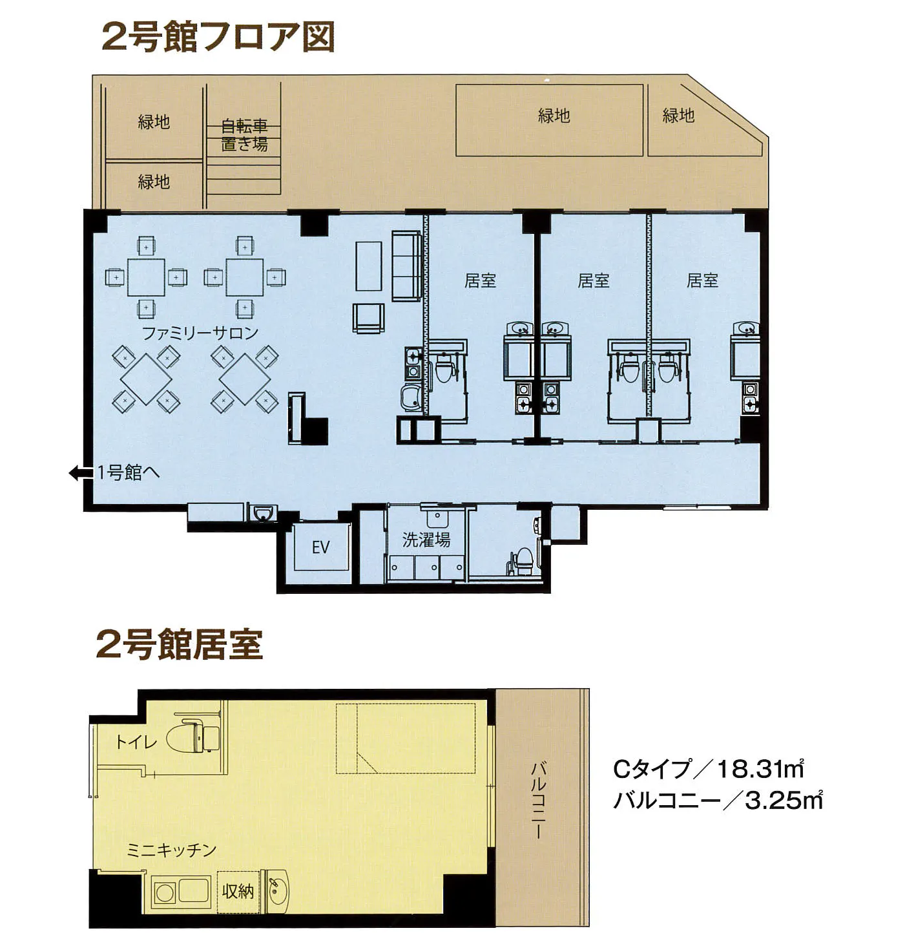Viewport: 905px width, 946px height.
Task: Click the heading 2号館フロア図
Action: (x=218, y=37)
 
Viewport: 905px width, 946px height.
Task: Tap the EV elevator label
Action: (x=320, y=548)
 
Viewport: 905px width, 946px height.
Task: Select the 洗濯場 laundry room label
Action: (x=426, y=540)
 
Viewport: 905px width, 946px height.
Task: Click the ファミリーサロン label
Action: (x=200, y=333)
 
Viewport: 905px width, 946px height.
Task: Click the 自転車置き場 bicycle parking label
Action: (x=244, y=135)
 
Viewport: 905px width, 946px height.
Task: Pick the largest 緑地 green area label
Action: (x=554, y=116)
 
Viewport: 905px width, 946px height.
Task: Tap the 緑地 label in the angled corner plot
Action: (x=678, y=116)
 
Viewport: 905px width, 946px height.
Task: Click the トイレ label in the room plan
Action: (x=136, y=742)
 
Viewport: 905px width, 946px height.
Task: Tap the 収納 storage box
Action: (x=238, y=892)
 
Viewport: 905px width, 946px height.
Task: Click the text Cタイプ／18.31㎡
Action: (x=707, y=770)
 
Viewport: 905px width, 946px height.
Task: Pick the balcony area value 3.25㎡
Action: (x=784, y=801)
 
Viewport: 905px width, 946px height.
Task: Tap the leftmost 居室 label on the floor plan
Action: (x=480, y=280)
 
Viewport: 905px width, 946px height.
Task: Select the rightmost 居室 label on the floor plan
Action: (x=702, y=280)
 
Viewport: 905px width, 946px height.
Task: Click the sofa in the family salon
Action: (x=406, y=266)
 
